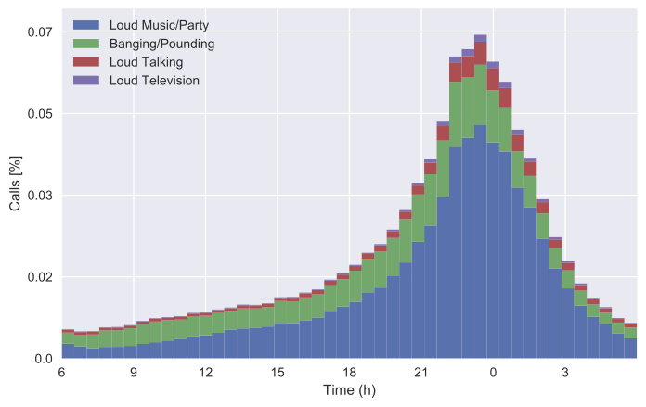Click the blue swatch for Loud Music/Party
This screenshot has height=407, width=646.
click(x=87, y=25)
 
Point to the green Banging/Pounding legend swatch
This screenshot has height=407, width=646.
click(x=87, y=44)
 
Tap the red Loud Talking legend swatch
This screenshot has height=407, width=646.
click(x=87, y=62)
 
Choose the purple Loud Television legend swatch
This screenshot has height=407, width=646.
click(x=87, y=81)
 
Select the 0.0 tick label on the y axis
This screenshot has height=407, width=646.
click(x=42, y=359)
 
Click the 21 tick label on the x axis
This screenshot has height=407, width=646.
click(x=420, y=373)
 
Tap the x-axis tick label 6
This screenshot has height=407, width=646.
click(x=61, y=373)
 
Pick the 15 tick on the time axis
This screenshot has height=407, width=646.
click(x=277, y=373)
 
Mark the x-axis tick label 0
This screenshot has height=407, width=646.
click(x=493, y=373)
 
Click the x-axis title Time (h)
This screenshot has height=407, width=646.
click(x=349, y=392)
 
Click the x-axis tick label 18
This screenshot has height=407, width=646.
click(x=349, y=373)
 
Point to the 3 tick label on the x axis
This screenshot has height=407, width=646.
click(x=564, y=373)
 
